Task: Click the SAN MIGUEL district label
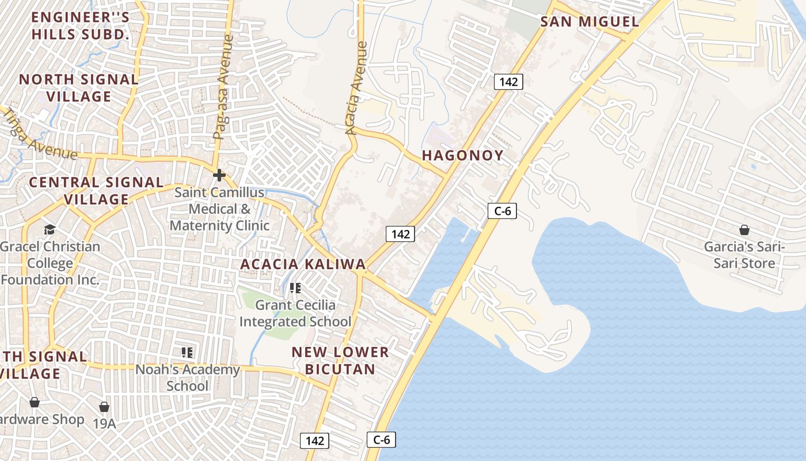(x=590, y=22)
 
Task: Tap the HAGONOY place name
(x=463, y=155)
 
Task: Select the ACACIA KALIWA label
(x=303, y=264)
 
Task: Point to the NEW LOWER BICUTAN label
(x=340, y=360)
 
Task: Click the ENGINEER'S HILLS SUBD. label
(x=81, y=25)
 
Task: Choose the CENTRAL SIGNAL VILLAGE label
(x=96, y=191)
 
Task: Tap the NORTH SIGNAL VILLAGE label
(x=79, y=88)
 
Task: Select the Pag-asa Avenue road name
(x=223, y=88)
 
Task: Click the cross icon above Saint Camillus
(x=219, y=175)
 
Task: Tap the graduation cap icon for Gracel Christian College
(x=50, y=230)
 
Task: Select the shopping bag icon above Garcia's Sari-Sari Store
(x=744, y=231)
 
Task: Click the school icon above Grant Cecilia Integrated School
(x=295, y=288)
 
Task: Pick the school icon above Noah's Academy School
(x=187, y=352)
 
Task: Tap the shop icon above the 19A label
(x=104, y=407)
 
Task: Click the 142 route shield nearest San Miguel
(x=508, y=82)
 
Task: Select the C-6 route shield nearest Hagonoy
(x=502, y=211)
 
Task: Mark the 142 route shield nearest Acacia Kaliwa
(x=400, y=233)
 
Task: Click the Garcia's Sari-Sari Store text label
(x=744, y=255)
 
